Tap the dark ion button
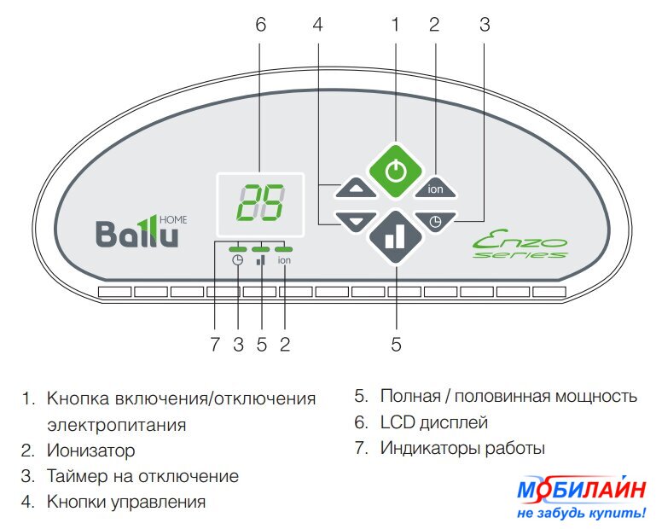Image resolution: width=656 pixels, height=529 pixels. click(435, 188)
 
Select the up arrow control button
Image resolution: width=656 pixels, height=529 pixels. click(356, 188)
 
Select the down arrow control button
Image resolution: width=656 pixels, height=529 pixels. click(356, 222)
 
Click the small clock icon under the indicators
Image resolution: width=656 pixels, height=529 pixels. click(238, 261)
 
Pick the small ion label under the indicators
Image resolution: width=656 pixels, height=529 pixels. click(284, 261)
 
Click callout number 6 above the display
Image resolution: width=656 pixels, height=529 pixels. click(260, 26)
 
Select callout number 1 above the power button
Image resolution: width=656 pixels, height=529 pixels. click(395, 26)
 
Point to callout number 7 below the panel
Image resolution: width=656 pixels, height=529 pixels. click(215, 345)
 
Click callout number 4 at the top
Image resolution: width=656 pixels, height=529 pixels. click(317, 26)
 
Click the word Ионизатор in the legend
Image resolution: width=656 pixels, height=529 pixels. click(91, 450)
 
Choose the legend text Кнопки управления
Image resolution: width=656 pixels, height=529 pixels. click(126, 502)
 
